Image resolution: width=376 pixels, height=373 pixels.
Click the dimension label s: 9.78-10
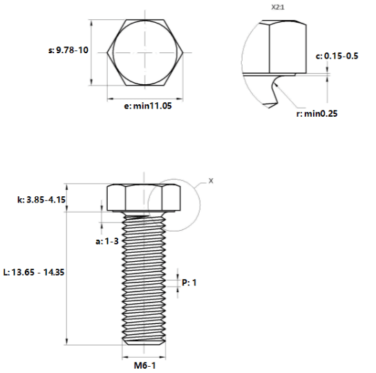coord(68,50)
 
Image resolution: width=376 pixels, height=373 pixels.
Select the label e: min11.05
coord(148,106)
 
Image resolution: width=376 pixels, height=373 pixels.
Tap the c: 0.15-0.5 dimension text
coord(337,56)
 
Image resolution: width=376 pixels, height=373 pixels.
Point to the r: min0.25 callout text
coord(317,113)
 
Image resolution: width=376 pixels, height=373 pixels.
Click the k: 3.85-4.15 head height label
coord(41,200)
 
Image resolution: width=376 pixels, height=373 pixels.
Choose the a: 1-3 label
coord(107,241)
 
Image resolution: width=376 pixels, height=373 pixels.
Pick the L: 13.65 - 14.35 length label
coord(34,272)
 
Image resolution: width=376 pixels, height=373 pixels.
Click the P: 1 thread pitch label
coord(189,283)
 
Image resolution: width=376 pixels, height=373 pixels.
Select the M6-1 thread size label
coord(144,365)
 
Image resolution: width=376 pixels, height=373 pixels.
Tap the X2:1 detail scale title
coord(278,8)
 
